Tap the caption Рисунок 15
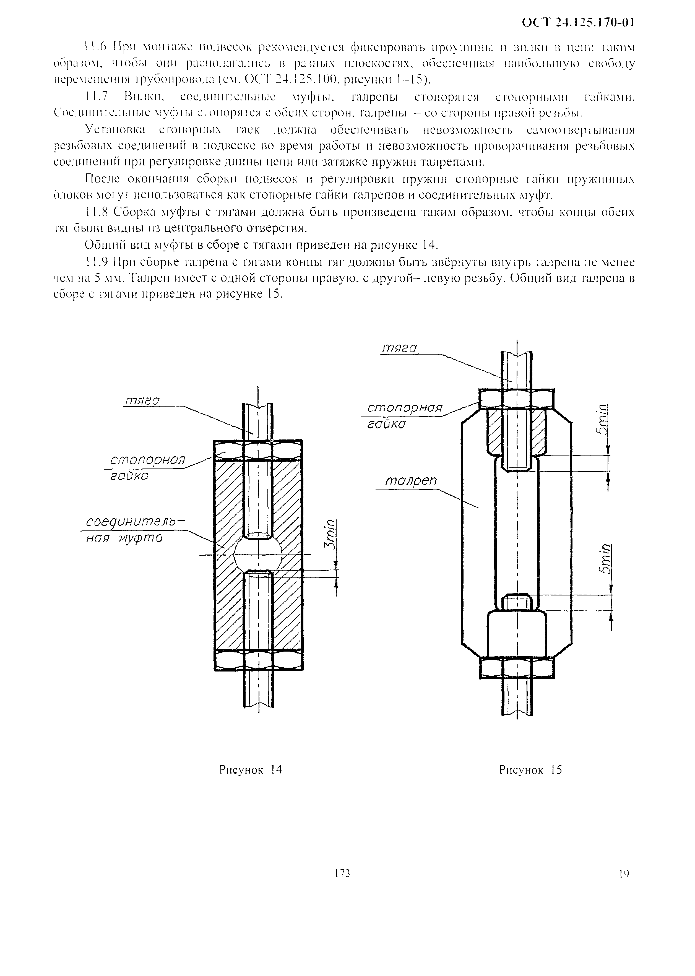pos(530,770)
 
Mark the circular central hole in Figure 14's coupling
pos(258,555)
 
